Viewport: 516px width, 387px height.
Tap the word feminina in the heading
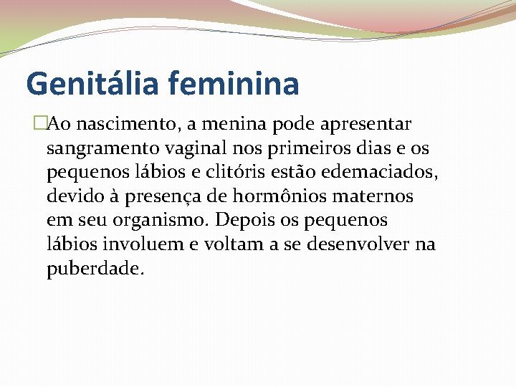pyautogui.click(x=234, y=83)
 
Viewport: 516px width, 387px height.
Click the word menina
pyautogui.click(x=229, y=125)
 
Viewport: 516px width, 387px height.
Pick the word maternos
pyautogui.click(x=379, y=196)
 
